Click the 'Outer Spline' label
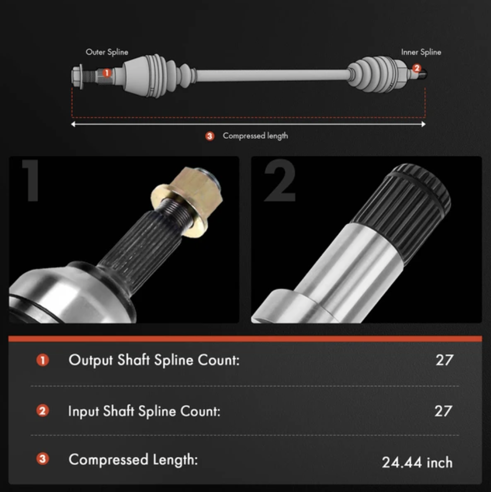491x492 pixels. pos(107,52)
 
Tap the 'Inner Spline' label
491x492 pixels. pos(421,52)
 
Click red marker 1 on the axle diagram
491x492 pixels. pos(106,73)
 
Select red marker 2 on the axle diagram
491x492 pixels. pos(416,68)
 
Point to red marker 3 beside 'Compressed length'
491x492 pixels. pos(210,136)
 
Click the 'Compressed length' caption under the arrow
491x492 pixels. pos(255,136)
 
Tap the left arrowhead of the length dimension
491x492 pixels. pos(74,124)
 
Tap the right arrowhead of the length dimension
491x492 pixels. pos(424,124)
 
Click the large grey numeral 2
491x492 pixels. pos(280,181)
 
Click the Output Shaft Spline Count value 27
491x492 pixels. pos(445,360)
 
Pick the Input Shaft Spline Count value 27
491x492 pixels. pos(444,411)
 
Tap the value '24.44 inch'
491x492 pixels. pos(417,462)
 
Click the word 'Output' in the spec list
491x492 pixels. pos(91,360)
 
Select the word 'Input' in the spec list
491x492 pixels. pos(83,411)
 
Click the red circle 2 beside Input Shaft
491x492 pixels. pos(43,411)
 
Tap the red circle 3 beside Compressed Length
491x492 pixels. pos(43,459)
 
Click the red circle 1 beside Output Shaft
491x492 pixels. pos(43,360)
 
